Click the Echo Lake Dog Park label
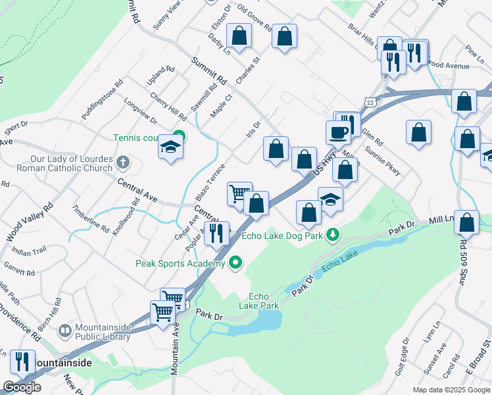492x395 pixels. coord(284,235)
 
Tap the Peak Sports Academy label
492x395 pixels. coord(180,263)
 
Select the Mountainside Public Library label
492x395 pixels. coord(101,333)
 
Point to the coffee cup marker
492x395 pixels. coord(339,132)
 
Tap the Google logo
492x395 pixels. coord(22,387)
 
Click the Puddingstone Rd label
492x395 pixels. coord(103,100)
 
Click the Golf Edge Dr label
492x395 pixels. coord(402,355)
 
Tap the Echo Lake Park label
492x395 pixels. coord(263,301)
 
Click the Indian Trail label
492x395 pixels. coord(30,251)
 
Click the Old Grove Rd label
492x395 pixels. coord(255,19)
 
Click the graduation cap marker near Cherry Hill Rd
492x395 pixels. coord(170,148)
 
